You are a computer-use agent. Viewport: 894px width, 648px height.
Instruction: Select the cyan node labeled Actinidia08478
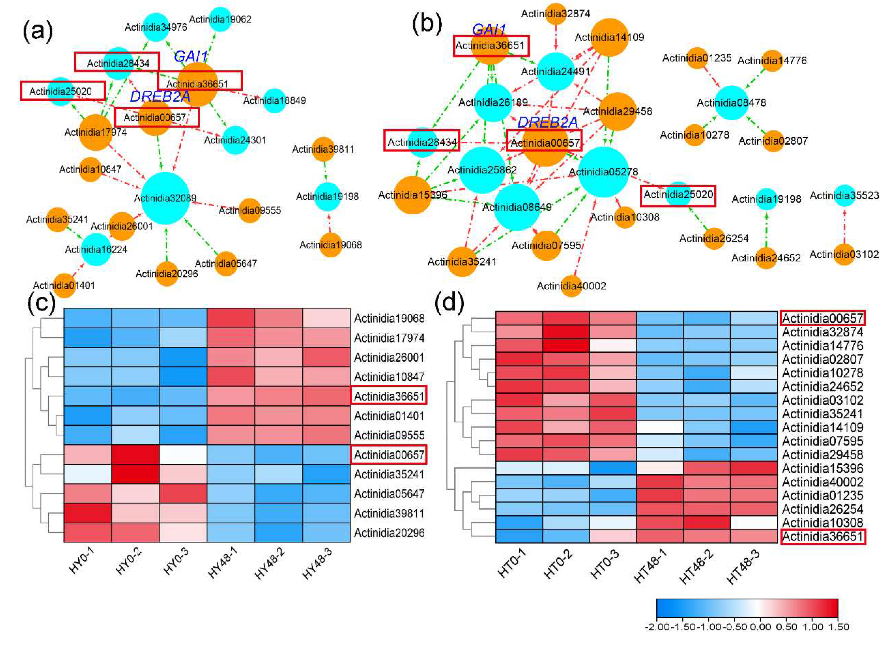click(731, 103)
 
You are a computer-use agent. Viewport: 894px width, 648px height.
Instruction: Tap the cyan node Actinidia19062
click(220, 19)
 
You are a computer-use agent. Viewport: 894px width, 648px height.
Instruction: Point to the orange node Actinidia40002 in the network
click(571, 286)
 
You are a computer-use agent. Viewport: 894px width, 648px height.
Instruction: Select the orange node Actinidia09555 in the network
click(249, 210)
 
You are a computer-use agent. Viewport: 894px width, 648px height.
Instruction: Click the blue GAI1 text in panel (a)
click(191, 56)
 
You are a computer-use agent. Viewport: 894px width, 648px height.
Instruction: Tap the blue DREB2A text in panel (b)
click(547, 123)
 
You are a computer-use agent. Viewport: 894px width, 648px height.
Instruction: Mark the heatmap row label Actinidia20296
click(389, 533)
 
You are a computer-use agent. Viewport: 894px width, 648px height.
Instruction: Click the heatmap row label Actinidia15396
click(823, 468)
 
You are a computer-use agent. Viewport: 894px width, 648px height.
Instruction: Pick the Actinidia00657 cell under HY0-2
click(136, 455)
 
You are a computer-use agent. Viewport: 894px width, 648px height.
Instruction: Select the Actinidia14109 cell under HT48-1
click(660, 427)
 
